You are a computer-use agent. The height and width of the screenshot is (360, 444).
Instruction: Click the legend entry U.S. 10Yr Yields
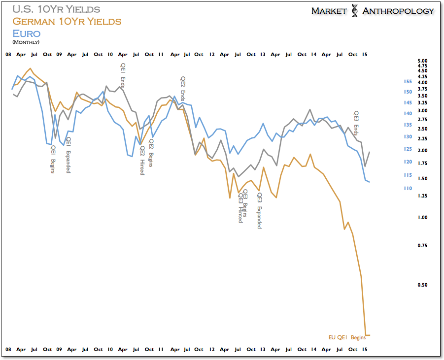click(56, 9)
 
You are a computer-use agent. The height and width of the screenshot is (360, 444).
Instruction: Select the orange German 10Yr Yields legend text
click(67, 21)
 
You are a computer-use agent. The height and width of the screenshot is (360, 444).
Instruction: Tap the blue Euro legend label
click(26, 33)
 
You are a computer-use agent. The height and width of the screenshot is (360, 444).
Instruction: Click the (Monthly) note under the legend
click(26, 42)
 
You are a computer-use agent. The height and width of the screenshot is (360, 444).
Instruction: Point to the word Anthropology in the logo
click(398, 11)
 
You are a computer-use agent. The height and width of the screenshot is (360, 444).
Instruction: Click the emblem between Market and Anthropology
click(354, 11)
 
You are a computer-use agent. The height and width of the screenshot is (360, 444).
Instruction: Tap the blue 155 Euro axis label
click(408, 81)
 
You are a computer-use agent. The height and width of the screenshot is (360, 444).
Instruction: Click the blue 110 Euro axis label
click(408, 188)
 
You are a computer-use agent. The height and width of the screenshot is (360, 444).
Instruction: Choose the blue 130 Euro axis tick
click(408, 136)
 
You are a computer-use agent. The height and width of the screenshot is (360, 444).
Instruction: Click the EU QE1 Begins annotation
click(347, 338)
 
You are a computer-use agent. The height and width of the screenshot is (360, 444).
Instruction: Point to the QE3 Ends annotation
click(356, 123)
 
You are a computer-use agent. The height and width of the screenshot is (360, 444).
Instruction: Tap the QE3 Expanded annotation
click(260, 211)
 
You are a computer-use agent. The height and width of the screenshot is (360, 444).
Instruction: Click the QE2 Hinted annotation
click(142, 161)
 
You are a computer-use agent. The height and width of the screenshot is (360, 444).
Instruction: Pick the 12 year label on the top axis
click(211, 54)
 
